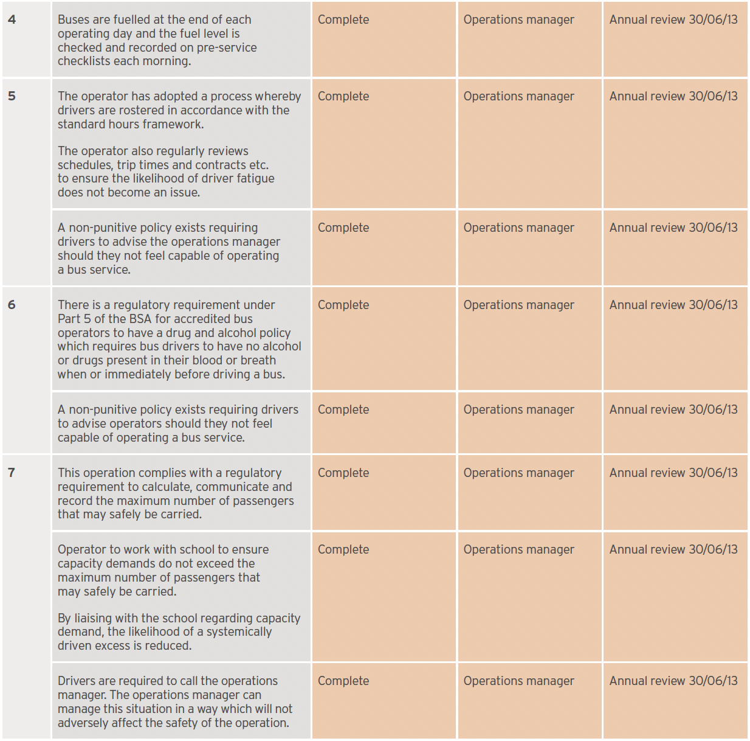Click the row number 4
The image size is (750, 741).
[12, 19]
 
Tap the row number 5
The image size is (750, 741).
[12, 96]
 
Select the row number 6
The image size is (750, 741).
[12, 305]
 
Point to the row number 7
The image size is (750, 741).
[12, 473]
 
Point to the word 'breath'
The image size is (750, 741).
[258, 360]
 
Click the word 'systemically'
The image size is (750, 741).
[239, 631]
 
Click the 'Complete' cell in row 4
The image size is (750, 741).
[343, 19]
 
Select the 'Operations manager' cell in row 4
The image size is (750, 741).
[518, 19]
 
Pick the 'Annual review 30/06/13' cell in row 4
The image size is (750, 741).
[673, 19]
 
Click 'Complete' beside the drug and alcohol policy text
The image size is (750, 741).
[343, 305]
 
